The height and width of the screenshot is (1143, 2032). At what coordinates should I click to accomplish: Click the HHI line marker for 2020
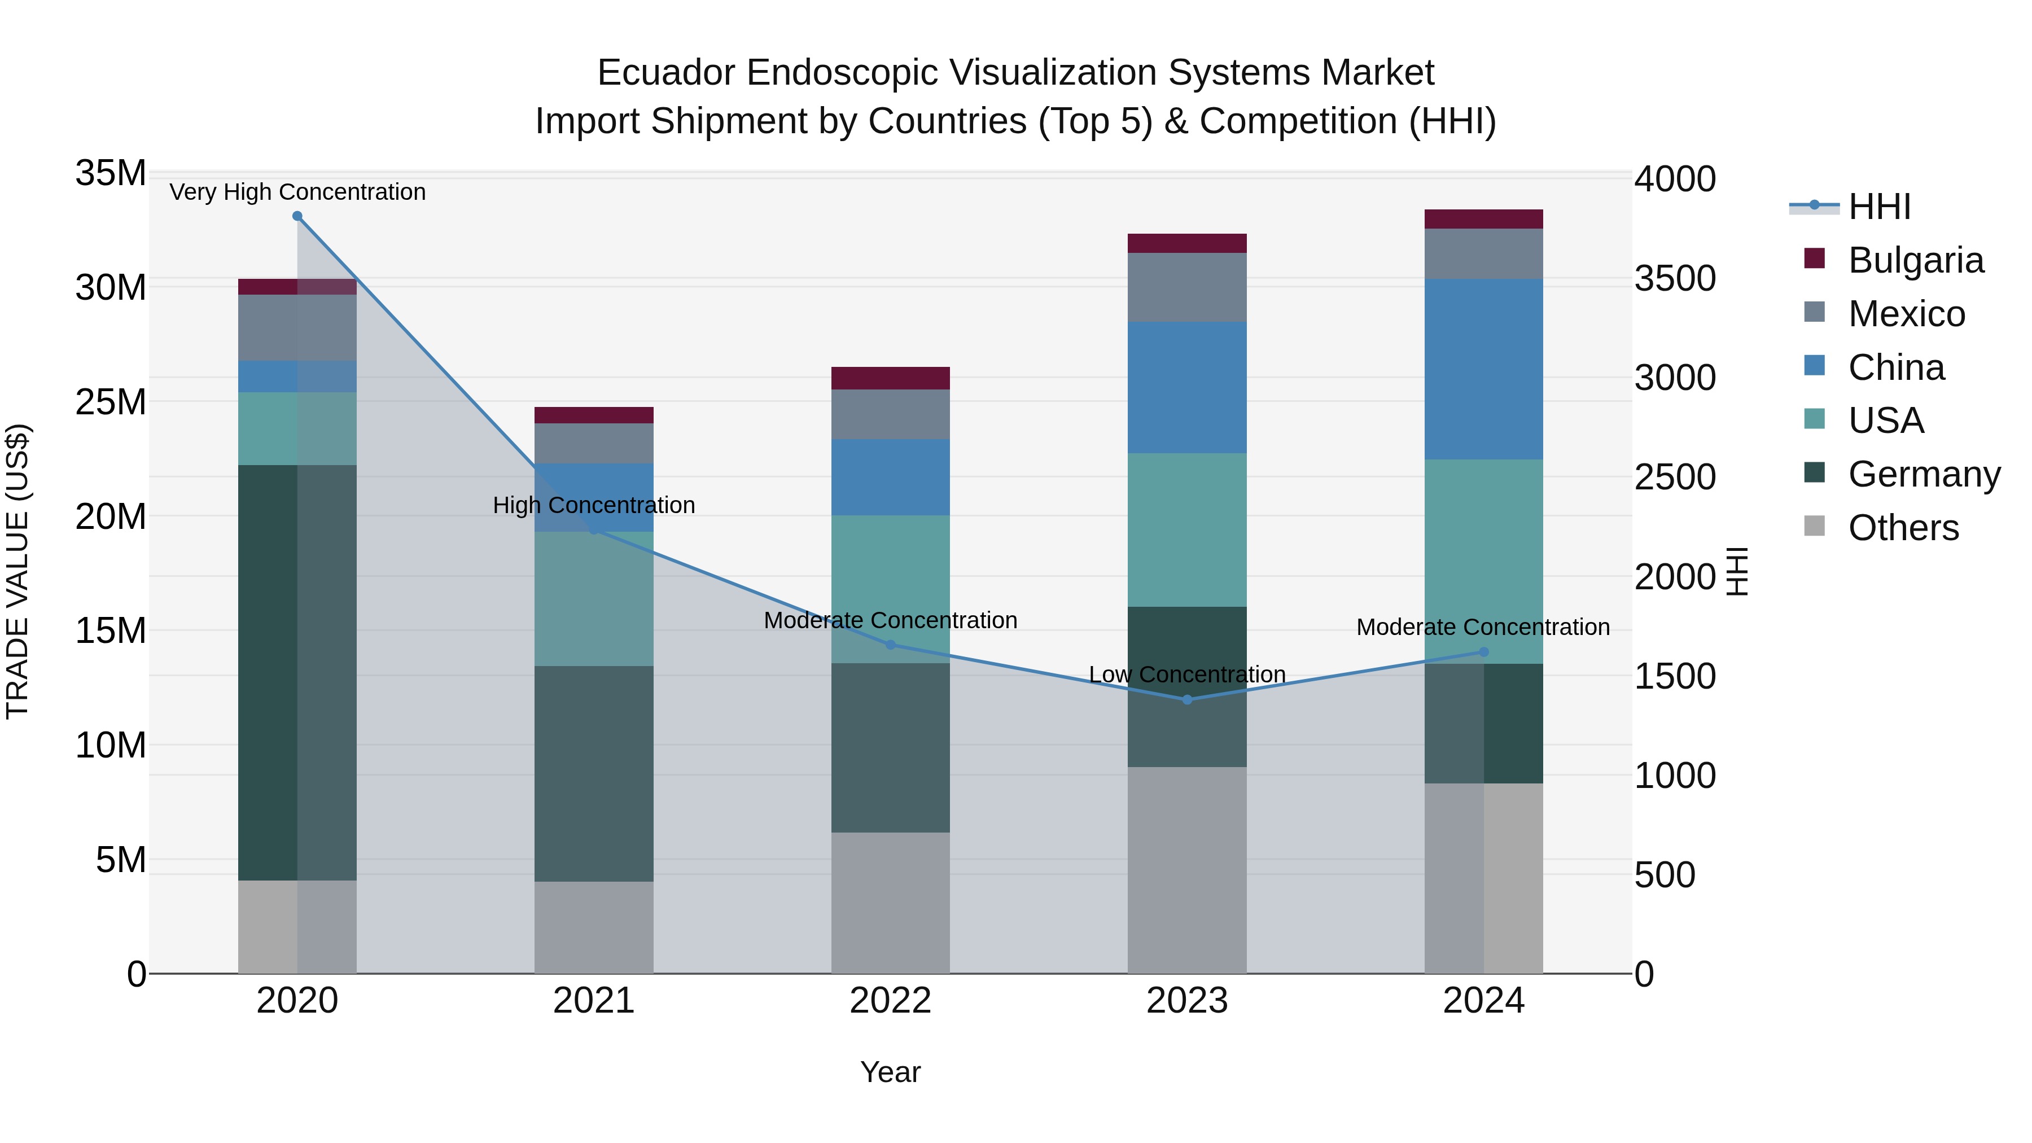click(297, 216)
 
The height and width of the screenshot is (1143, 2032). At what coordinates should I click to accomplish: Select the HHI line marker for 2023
click(1187, 700)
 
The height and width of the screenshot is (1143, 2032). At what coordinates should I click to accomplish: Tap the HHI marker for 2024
click(1484, 652)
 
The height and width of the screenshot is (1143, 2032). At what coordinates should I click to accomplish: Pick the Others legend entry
click(1903, 528)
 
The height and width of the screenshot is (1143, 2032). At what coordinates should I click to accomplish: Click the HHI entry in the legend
click(1879, 207)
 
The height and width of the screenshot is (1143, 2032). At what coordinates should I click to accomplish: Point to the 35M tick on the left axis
click(111, 173)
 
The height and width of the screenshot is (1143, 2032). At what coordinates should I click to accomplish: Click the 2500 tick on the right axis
click(1675, 477)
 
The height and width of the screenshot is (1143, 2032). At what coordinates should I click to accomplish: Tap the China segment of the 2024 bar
click(1484, 369)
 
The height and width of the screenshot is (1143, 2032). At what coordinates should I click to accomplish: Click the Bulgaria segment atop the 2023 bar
click(1187, 243)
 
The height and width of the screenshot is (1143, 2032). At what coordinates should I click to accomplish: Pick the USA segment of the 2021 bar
click(594, 599)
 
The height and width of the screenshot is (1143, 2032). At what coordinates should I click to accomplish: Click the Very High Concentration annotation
click(297, 192)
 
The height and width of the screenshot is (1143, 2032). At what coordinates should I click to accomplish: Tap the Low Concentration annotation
click(1187, 675)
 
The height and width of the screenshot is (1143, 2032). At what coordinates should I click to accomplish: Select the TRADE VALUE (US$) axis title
click(17, 571)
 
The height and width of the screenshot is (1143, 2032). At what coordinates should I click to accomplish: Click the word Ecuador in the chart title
click(667, 73)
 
